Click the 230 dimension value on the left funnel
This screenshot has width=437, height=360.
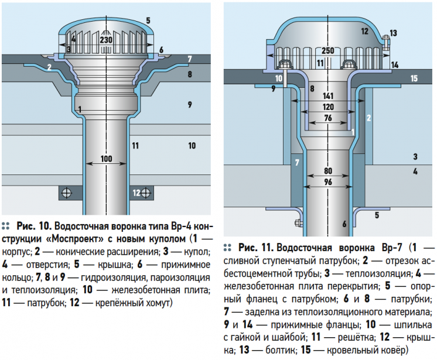point(106,40)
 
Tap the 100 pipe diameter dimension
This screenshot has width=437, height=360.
point(106,159)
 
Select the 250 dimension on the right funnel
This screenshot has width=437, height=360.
point(328,51)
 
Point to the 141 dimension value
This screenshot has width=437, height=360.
point(328,96)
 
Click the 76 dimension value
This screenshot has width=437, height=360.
point(328,118)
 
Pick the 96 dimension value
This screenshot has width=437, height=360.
point(328,182)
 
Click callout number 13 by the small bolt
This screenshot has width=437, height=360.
point(393,33)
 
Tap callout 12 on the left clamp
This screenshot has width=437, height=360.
point(136,193)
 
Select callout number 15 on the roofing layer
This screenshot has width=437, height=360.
point(414,78)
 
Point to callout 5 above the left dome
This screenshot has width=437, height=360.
point(148,20)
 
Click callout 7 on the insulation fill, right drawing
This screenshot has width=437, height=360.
point(297,162)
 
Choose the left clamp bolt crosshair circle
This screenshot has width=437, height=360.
point(67,193)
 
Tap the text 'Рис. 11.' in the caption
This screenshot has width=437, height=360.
point(256,248)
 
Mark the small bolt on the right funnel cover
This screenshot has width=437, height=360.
point(386,42)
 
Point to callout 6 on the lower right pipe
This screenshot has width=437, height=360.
point(344,224)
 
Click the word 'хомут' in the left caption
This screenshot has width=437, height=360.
point(158,303)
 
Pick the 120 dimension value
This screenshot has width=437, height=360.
point(328,107)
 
